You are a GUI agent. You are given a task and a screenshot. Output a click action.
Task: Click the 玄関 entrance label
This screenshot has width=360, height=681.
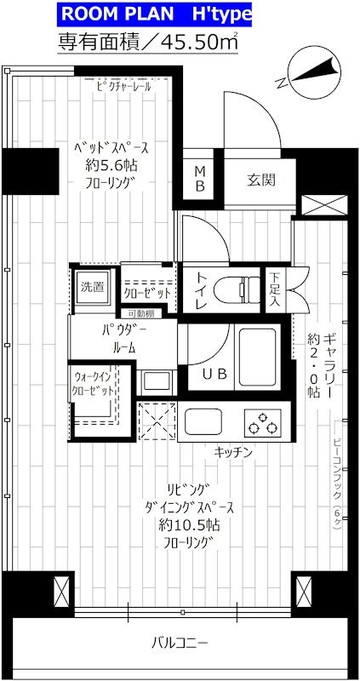(x=261, y=180)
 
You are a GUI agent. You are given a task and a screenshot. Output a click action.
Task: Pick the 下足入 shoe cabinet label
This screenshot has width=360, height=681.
(x=275, y=289)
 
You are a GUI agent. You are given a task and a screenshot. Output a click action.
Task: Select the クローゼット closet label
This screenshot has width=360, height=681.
(x=148, y=293)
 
